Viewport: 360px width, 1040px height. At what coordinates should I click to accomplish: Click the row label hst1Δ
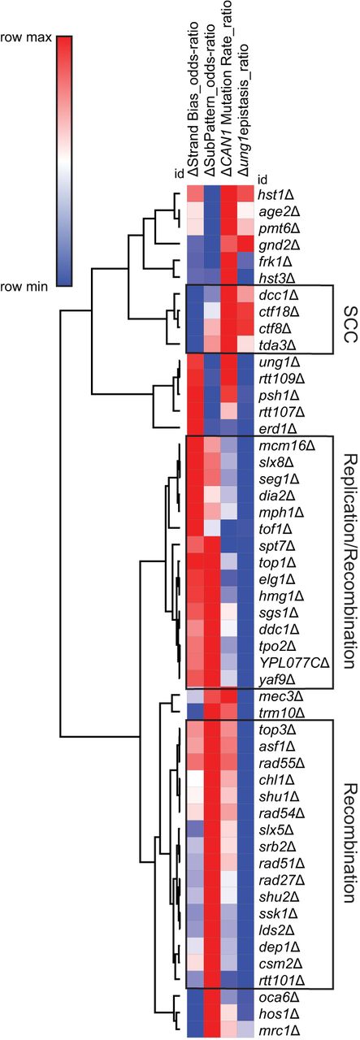pyautogui.click(x=277, y=193)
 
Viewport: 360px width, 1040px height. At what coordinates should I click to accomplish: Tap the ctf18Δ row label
pyautogui.click(x=279, y=311)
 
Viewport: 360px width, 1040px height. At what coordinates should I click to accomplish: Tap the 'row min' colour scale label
pyautogui.click(x=24, y=287)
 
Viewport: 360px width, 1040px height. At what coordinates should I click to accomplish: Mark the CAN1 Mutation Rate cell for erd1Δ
pyautogui.click(x=229, y=428)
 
